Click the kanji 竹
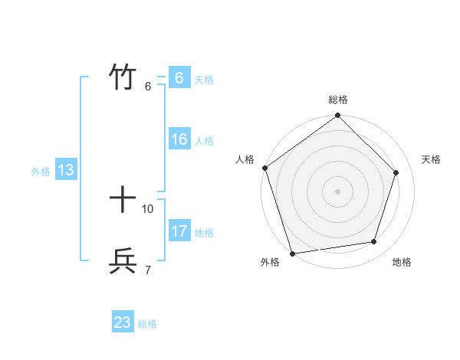(x=123, y=77)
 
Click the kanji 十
(x=123, y=201)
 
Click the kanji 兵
(x=123, y=261)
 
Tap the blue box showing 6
(x=179, y=78)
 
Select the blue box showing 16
(x=179, y=140)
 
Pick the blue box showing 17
(x=179, y=231)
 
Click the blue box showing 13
(x=66, y=171)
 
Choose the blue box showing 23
(x=123, y=322)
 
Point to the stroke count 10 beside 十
(x=148, y=208)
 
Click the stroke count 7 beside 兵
(x=147, y=270)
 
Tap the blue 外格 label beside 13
(x=41, y=172)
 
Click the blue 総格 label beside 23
(x=147, y=324)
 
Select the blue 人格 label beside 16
(x=204, y=141)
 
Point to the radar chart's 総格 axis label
(x=338, y=100)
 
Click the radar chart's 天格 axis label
(x=432, y=159)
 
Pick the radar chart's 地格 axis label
(x=402, y=262)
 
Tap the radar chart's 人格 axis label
(x=245, y=159)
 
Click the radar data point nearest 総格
(x=338, y=116)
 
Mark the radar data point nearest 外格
(x=292, y=253)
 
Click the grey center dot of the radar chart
(x=338, y=191)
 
